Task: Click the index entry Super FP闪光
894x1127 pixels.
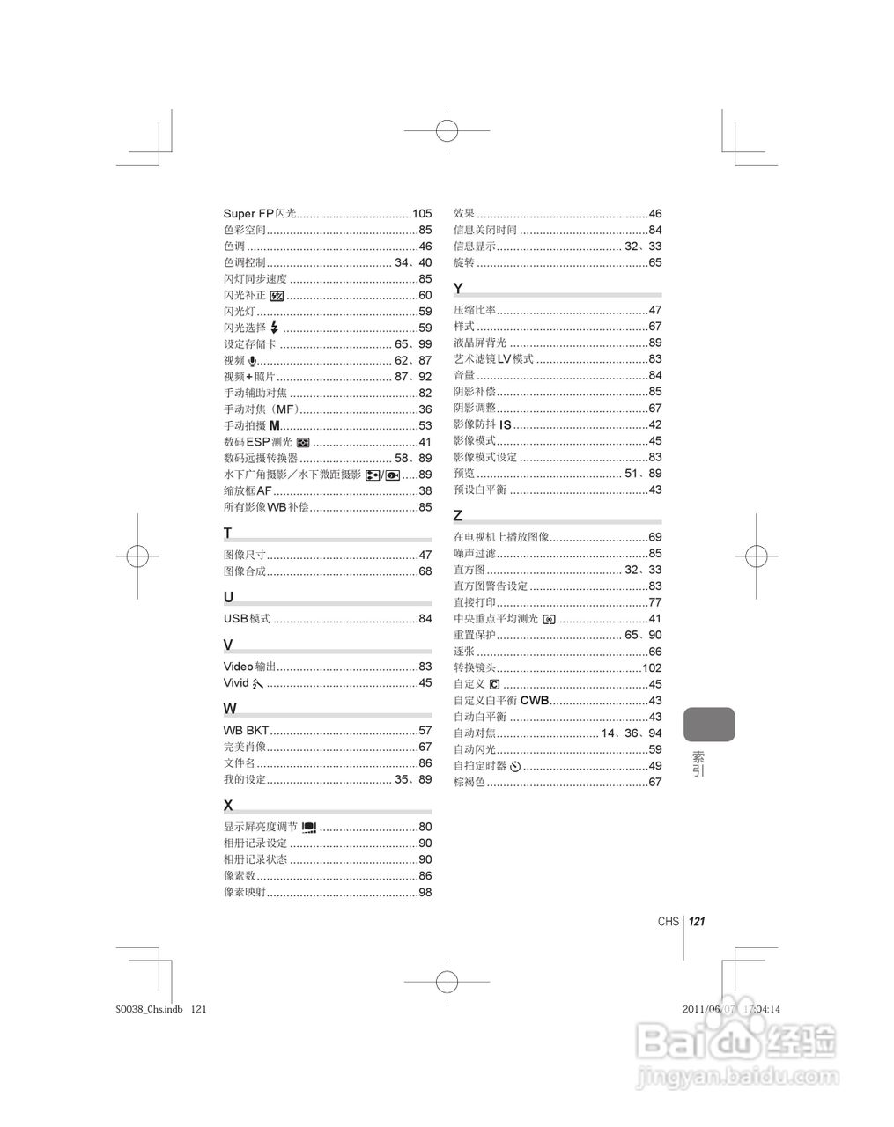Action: (260, 214)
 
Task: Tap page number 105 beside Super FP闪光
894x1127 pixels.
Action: (422, 214)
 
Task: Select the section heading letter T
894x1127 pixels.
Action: (228, 533)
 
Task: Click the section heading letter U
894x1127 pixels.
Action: (229, 597)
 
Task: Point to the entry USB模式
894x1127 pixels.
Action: (247, 619)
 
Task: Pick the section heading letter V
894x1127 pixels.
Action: (228, 645)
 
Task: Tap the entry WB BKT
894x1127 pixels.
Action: (246, 731)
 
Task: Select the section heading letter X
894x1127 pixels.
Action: (228, 805)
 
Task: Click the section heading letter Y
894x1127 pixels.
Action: (458, 289)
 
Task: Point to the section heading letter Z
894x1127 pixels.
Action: (458, 515)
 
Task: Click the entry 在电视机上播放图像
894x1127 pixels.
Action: (501, 537)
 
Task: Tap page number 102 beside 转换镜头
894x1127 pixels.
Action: (652, 668)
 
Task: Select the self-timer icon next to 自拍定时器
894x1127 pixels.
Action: (516, 766)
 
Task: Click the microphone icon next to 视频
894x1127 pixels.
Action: (253, 361)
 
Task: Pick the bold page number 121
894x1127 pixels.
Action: (697, 922)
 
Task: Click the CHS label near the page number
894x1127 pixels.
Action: (669, 922)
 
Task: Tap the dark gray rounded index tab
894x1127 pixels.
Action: (708, 724)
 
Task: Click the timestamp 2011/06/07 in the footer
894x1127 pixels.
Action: (708, 1010)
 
